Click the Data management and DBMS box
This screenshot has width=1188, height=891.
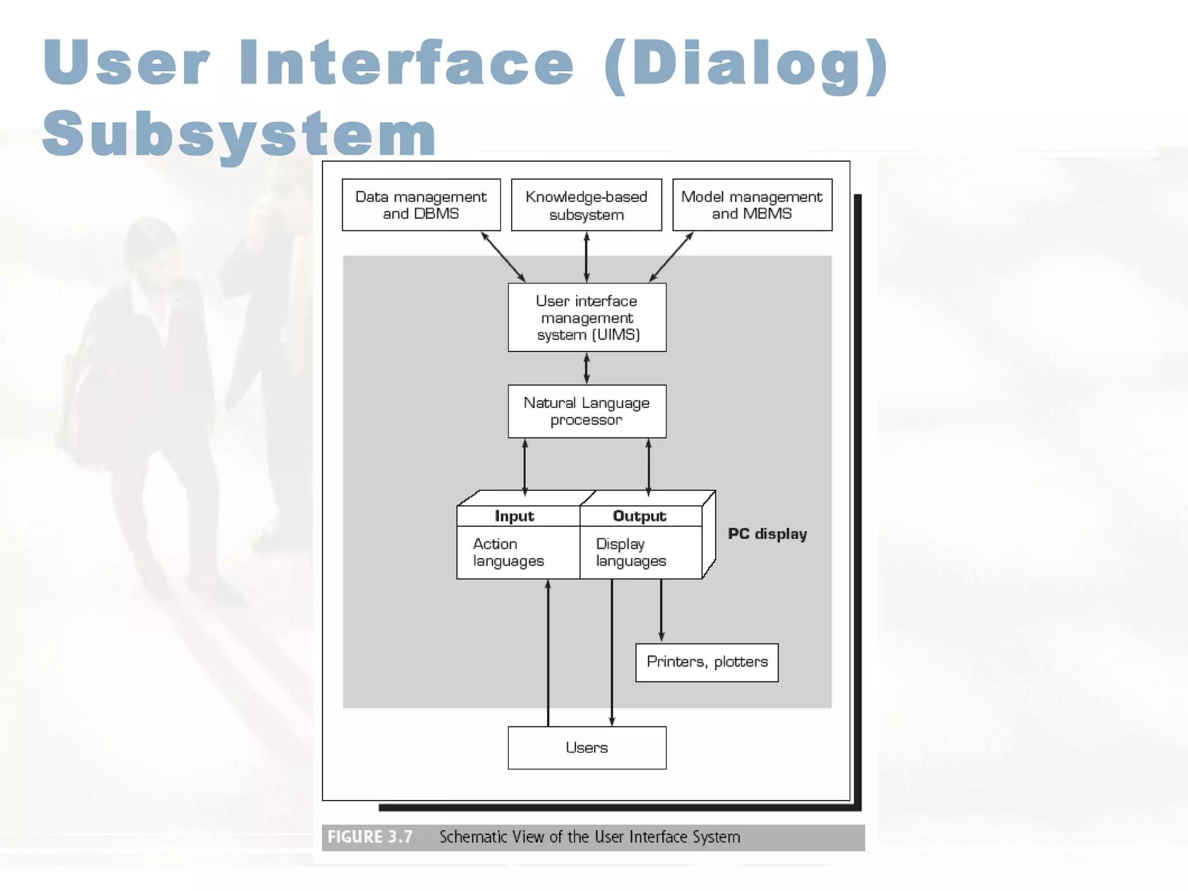pos(421,205)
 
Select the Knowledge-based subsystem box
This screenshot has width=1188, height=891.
pos(586,205)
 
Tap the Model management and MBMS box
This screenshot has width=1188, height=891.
pos(752,205)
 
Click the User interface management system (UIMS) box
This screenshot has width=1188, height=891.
pos(587,317)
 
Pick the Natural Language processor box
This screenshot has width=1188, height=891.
pos(587,411)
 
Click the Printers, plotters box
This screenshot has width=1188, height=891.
pos(707,662)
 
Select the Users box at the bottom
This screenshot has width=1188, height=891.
pos(587,748)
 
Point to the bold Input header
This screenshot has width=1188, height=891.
pos(514,516)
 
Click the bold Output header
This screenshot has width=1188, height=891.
pos(639,516)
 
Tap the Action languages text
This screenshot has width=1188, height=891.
pos(508,552)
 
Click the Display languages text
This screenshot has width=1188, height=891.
pos(631,552)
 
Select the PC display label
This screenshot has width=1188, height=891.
pos(767,534)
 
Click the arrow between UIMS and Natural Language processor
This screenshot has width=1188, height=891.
pos(586,368)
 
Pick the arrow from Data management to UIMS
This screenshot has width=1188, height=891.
pos(504,257)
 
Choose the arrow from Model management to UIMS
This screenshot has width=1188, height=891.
pos(671,257)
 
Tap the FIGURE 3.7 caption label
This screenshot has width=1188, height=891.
pos(370,837)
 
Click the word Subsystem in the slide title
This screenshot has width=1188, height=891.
pos(239,133)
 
